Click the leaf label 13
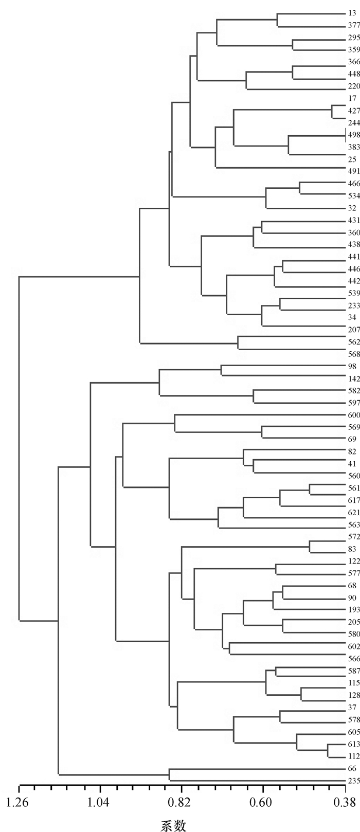(351, 13)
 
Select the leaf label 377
(353, 26)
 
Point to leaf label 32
(352, 208)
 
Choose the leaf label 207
(353, 315)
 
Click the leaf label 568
(353, 339)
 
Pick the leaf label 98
(352, 352)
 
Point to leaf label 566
(353, 644)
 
